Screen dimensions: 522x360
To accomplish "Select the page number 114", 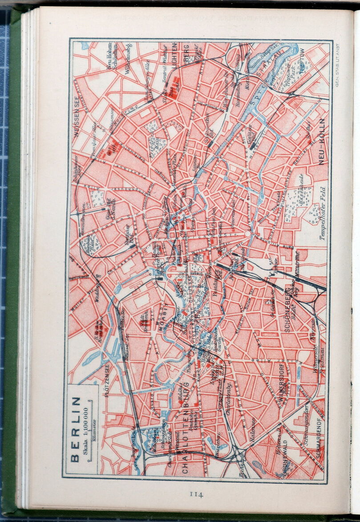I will coord(196,494).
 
